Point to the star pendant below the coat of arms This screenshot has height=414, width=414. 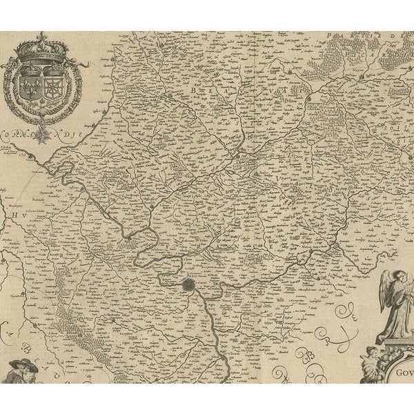coord(43,128)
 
